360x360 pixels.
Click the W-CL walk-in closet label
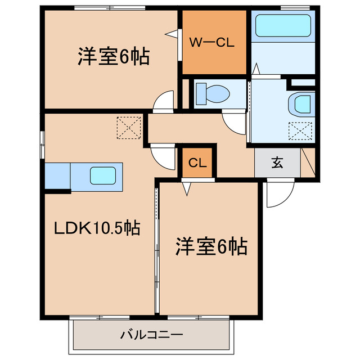(211, 42)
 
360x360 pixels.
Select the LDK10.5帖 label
(97, 228)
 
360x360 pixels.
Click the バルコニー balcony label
(151, 336)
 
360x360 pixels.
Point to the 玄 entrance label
(277, 163)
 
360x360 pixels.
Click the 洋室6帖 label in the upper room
(114, 56)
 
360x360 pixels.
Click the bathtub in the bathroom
(283, 25)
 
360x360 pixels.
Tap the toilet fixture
(211, 93)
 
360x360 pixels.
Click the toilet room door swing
(233, 121)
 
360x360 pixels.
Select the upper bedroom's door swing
(164, 101)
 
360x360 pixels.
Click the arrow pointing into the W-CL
(171, 34)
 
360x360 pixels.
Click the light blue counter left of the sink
(57, 176)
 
